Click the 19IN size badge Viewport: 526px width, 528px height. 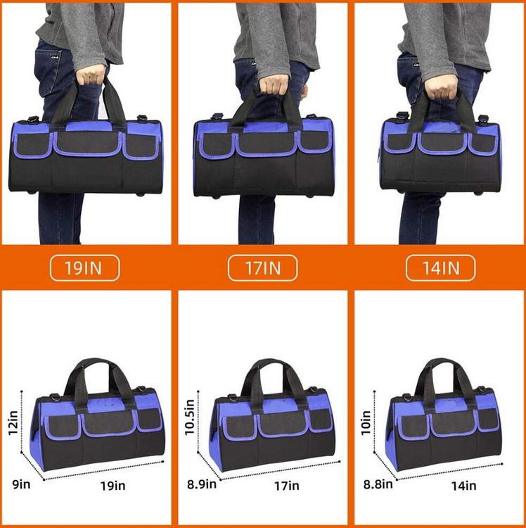(x=85, y=268)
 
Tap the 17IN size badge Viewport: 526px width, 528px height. (x=263, y=268)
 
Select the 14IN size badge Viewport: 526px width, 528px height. (x=441, y=268)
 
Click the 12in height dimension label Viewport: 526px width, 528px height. (x=14, y=423)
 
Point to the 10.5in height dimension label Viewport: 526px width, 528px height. (x=190, y=417)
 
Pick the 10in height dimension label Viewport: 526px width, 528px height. (x=366, y=423)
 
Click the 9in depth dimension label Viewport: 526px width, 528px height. (x=21, y=484)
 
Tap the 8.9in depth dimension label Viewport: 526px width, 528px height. (x=202, y=484)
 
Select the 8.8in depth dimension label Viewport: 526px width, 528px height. (x=378, y=484)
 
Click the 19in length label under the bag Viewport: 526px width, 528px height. (x=113, y=486)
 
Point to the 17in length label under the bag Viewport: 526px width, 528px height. (x=286, y=486)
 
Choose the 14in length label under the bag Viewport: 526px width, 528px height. (x=463, y=486)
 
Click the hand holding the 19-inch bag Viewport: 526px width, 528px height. (x=91, y=74)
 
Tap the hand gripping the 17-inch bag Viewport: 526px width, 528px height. (x=275, y=84)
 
